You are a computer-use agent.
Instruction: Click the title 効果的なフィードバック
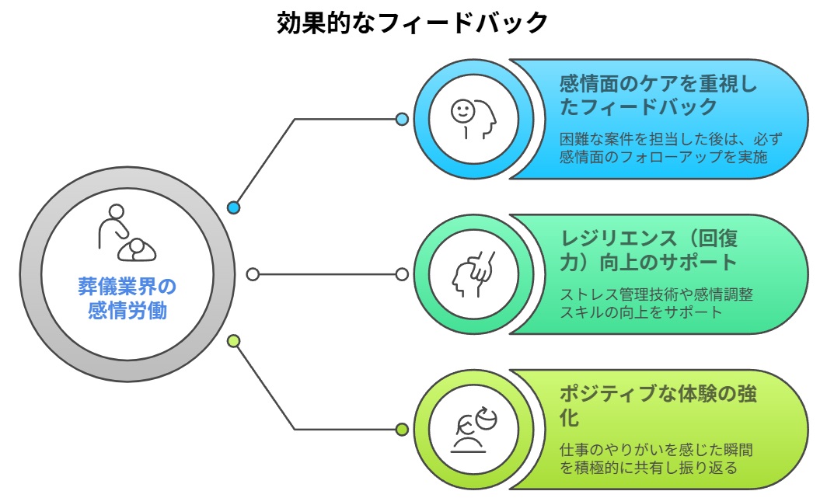coord(413,23)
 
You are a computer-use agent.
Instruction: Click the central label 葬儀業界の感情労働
coord(127,298)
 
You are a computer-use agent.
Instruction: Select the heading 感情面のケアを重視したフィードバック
coord(658,94)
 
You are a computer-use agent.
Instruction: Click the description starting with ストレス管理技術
coord(657,295)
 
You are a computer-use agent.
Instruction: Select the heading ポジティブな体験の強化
coord(658,405)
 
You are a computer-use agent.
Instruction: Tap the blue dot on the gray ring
coord(233,207)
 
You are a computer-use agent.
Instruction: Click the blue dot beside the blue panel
coord(402,119)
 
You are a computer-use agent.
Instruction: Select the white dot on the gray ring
coord(253,274)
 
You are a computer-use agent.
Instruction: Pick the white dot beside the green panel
coord(402,274)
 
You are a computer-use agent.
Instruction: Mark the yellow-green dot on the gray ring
coord(233,341)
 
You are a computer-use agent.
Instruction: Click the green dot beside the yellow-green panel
coord(402,430)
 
